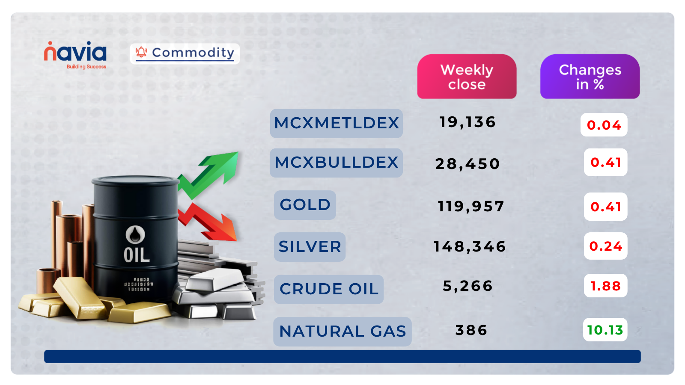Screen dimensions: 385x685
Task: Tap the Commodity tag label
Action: click(x=185, y=53)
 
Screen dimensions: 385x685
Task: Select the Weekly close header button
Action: click(x=467, y=77)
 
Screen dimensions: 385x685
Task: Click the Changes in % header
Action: click(x=590, y=77)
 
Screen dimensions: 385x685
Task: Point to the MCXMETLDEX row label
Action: click(x=336, y=123)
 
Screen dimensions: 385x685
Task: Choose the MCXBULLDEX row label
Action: click(x=336, y=163)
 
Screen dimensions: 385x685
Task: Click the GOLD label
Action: click(x=305, y=205)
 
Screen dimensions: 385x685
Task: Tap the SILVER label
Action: click(x=310, y=247)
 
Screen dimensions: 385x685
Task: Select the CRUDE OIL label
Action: click(x=329, y=289)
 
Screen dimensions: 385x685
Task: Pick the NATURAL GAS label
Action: click(x=342, y=332)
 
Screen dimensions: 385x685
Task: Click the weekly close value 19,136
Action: click(x=467, y=122)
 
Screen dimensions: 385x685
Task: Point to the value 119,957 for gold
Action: click(x=471, y=207)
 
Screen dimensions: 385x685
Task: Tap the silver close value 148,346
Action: click(x=470, y=247)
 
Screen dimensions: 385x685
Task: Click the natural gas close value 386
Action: click(x=471, y=330)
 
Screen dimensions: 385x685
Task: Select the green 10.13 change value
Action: click(x=605, y=330)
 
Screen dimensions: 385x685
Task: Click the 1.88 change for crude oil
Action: click(x=605, y=286)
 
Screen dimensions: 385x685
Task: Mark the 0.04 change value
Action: click(x=604, y=125)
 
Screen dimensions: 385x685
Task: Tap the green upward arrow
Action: click(x=210, y=173)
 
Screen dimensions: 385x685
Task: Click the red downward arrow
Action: click(x=208, y=222)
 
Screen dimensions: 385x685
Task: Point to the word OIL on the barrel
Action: click(x=137, y=255)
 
